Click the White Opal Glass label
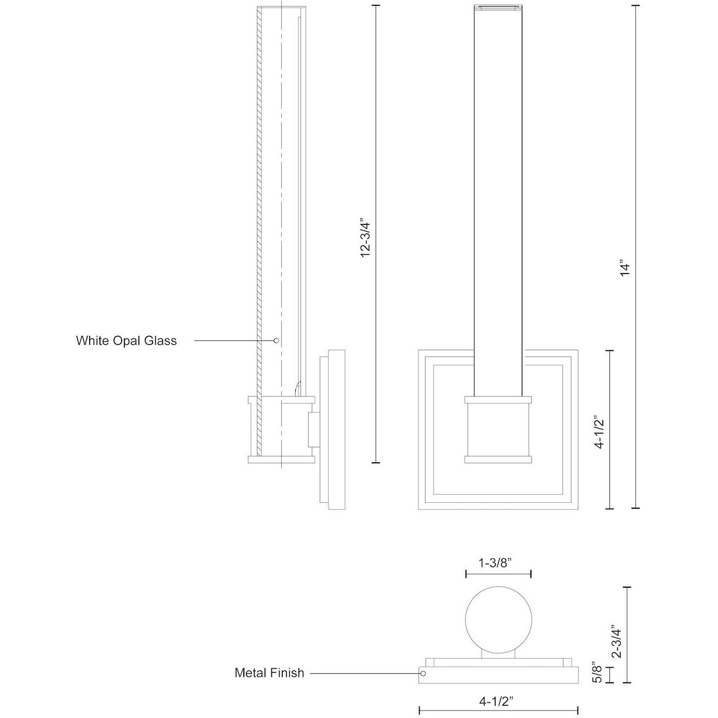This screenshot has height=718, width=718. (126, 341)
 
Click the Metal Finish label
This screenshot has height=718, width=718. (269, 673)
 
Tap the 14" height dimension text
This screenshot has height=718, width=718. (625, 269)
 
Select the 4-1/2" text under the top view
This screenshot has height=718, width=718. (496, 701)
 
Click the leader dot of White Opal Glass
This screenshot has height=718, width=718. (276, 341)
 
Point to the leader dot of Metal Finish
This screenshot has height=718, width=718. (423, 674)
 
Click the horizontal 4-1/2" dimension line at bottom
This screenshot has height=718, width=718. (498, 710)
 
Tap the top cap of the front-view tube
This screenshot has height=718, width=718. (498, 8)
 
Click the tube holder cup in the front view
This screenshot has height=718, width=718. (498, 430)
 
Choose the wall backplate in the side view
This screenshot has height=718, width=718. (337, 430)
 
